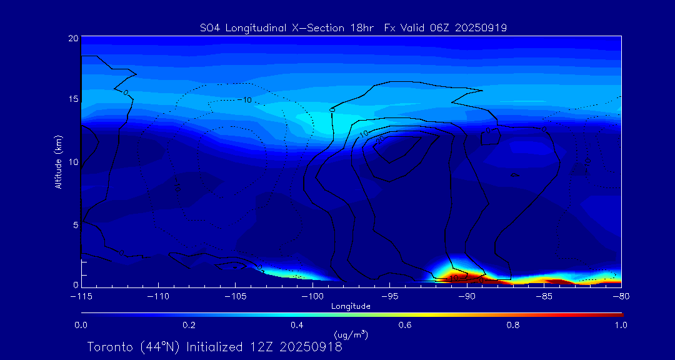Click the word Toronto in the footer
coord(109,347)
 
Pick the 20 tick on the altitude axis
coord(73,38)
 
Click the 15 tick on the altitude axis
coord(73,99)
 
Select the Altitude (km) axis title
coord(59,161)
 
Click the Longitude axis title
coord(351,306)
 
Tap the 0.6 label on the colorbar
coord(405,325)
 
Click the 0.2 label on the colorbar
coord(189,325)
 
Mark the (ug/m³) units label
coord(351,335)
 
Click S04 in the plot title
coord(209,27)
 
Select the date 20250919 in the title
coord(482,27)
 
